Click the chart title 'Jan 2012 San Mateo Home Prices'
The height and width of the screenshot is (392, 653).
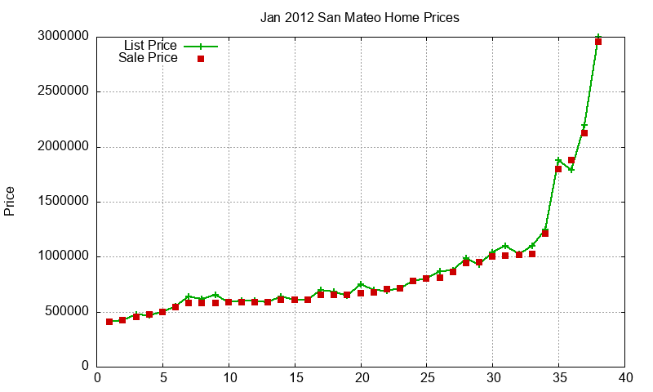coord(359,17)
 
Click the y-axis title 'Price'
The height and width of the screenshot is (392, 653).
coord(10,201)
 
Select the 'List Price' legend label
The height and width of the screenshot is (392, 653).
coord(149,45)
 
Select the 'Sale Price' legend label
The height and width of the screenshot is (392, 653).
coord(148,58)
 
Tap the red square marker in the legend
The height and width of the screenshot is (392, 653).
coord(200,59)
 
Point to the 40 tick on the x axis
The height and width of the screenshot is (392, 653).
coord(624,378)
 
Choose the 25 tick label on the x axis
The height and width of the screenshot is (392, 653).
coord(427,378)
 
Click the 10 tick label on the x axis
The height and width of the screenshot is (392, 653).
coord(229,378)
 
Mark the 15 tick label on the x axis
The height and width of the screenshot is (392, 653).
coord(295,378)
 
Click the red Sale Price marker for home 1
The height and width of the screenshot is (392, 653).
coord(109,322)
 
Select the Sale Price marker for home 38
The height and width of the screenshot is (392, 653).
coord(598,42)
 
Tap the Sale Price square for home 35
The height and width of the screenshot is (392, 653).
coord(558,169)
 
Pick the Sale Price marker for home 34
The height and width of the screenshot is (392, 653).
coord(545,234)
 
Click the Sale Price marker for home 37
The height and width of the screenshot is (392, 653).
coord(584,133)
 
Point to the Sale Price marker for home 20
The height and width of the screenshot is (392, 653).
coord(361,293)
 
